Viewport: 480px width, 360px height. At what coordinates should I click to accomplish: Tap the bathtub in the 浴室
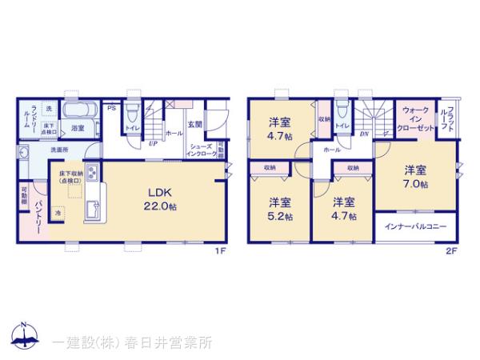pos(78,110)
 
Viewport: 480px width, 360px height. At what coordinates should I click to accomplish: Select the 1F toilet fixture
pos(129,112)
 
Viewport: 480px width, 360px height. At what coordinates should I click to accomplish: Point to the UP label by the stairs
pos(152,144)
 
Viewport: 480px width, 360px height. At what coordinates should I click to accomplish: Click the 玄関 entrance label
pos(195,124)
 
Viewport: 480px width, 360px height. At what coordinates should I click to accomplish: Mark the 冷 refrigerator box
pos(58,213)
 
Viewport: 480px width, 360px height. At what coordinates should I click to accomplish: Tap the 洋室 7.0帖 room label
pos(414,177)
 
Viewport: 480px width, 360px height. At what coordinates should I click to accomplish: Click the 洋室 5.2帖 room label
pos(279,208)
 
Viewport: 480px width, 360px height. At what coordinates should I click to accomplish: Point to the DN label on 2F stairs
pos(365,134)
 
